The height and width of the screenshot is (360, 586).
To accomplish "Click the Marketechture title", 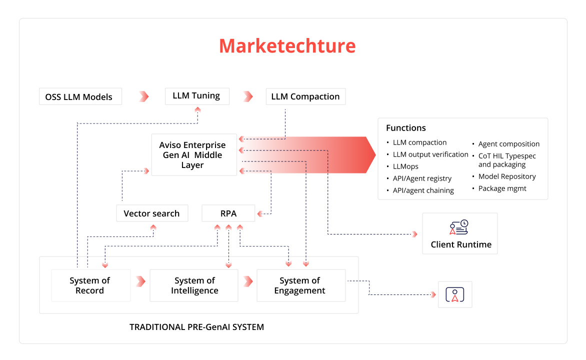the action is [287, 46].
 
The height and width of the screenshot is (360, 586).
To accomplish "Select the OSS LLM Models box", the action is [80, 96].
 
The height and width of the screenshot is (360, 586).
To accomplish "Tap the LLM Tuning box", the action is [197, 96].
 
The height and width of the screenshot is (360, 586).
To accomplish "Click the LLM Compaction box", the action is [305, 96].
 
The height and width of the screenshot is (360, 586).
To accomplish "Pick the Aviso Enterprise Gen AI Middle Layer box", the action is [194, 155].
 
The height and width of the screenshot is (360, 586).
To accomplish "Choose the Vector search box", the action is [152, 213].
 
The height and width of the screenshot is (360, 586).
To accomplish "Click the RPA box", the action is [228, 213].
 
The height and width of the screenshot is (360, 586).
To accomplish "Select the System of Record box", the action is [91, 285].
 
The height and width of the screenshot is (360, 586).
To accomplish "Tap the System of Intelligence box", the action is [194, 285].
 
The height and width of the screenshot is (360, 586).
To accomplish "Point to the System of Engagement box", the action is [301, 285].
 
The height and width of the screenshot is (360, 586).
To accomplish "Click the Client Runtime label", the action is [461, 244].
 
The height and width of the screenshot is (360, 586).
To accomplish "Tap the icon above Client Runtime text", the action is [459, 227].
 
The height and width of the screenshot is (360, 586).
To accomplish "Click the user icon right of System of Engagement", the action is [455, 294].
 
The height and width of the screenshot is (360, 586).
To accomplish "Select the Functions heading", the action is [406, 128].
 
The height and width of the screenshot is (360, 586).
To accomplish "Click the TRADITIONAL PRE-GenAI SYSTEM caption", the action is [196, 327].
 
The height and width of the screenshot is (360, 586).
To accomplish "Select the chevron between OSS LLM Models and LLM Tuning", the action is [144, 96].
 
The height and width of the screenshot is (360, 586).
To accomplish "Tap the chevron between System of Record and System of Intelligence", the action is [140, 281].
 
